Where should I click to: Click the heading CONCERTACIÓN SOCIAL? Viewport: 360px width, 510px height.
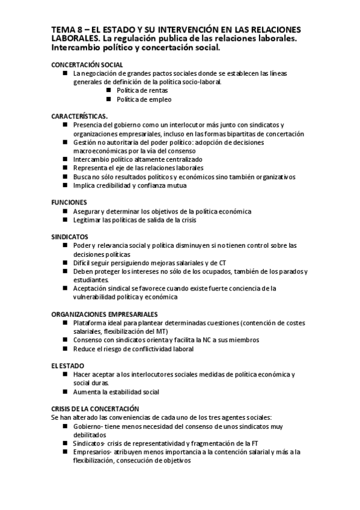[x=87, y=64]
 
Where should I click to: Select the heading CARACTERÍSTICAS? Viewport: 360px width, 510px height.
[x=79, y=116]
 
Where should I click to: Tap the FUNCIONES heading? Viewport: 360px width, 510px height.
[x=69, y=203]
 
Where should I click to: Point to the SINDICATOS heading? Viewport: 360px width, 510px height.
[x=70, y=237]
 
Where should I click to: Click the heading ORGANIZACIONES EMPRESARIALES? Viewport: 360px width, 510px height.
[x=105, y=314]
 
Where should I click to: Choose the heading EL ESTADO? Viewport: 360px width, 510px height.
[x=67, y=366]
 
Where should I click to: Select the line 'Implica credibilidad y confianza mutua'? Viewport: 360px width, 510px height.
[x=130, y=185]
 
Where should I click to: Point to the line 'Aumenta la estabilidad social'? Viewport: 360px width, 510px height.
[x=116, y=392]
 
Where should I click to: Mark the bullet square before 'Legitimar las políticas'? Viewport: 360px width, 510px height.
[x=65, y=220]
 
